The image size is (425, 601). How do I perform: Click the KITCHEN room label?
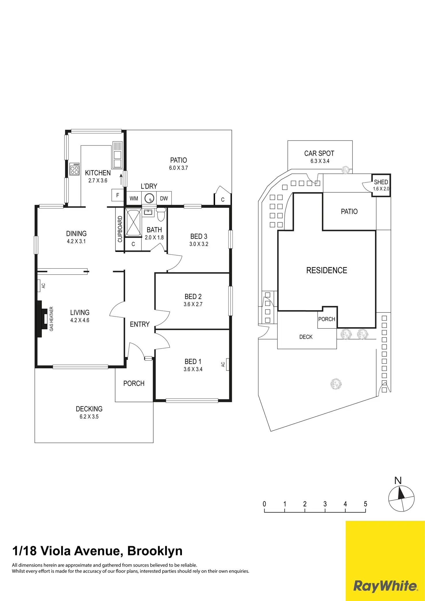pos(98,173)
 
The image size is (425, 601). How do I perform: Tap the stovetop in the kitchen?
pos(74,169)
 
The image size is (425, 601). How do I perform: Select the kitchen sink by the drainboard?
pos(118,159)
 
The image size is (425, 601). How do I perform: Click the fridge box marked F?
pos(118,195)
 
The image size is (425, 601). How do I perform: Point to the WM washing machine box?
pos(134,198)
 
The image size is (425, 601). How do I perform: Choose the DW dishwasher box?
pos(164,198)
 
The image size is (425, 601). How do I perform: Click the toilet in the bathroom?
pos(161,214)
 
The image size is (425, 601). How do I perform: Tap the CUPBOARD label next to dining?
pos(120,229)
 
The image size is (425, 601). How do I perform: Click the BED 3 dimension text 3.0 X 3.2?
pos(199,244)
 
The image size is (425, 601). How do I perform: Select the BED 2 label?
pos(193,297)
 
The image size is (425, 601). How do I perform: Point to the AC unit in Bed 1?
pos(227,364)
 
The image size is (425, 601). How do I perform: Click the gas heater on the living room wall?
pos(42,319)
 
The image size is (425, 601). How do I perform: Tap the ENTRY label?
pos(139,324)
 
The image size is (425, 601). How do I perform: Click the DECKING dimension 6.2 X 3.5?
pos(89,416)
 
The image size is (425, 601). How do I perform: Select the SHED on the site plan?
pos(381,185)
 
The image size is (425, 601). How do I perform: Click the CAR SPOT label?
pos(319,153)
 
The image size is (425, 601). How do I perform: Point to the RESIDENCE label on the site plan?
pos(327,270)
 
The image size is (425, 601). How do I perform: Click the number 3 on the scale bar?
pos(325,504)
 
